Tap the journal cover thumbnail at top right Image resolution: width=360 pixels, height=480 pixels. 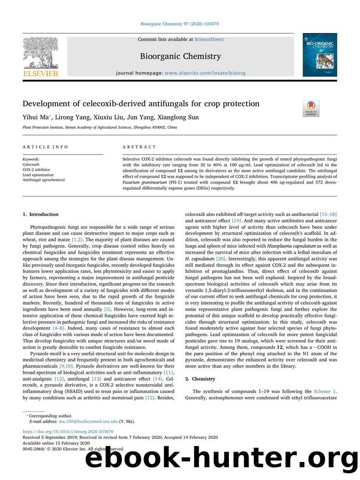point(318,55)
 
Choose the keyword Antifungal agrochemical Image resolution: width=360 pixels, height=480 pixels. point(44,180)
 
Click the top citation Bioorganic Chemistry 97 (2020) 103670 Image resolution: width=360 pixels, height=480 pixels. point(179,24)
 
